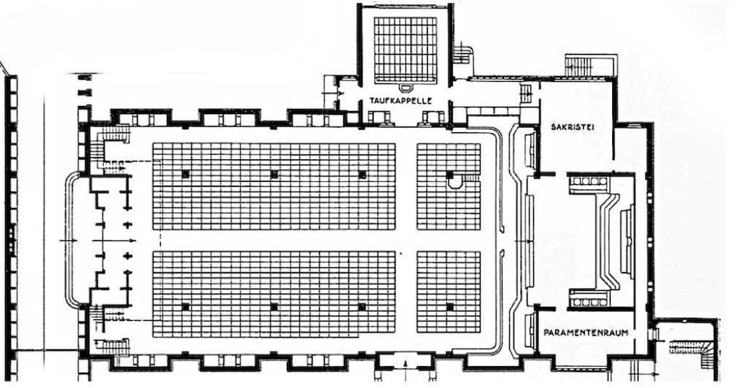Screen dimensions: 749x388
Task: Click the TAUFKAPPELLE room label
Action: [400, 101]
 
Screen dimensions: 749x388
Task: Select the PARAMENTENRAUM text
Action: [586, 332]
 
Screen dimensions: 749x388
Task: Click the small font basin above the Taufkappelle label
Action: [405, 88]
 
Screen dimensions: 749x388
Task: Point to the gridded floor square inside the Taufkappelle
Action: [405, 49]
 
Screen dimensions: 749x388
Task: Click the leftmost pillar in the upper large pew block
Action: [185, 174]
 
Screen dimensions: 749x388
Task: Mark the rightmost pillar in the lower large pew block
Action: [362, 307]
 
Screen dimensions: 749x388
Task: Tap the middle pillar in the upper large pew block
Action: [274, 174]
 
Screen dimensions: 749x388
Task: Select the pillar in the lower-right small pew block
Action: [450, 307]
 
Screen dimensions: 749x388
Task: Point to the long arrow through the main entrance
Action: [98, 240]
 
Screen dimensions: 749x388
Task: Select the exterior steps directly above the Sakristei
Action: [579, 65]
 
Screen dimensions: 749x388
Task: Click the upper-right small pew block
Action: [448, 186]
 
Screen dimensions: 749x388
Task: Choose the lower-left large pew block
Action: [274, 294]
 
